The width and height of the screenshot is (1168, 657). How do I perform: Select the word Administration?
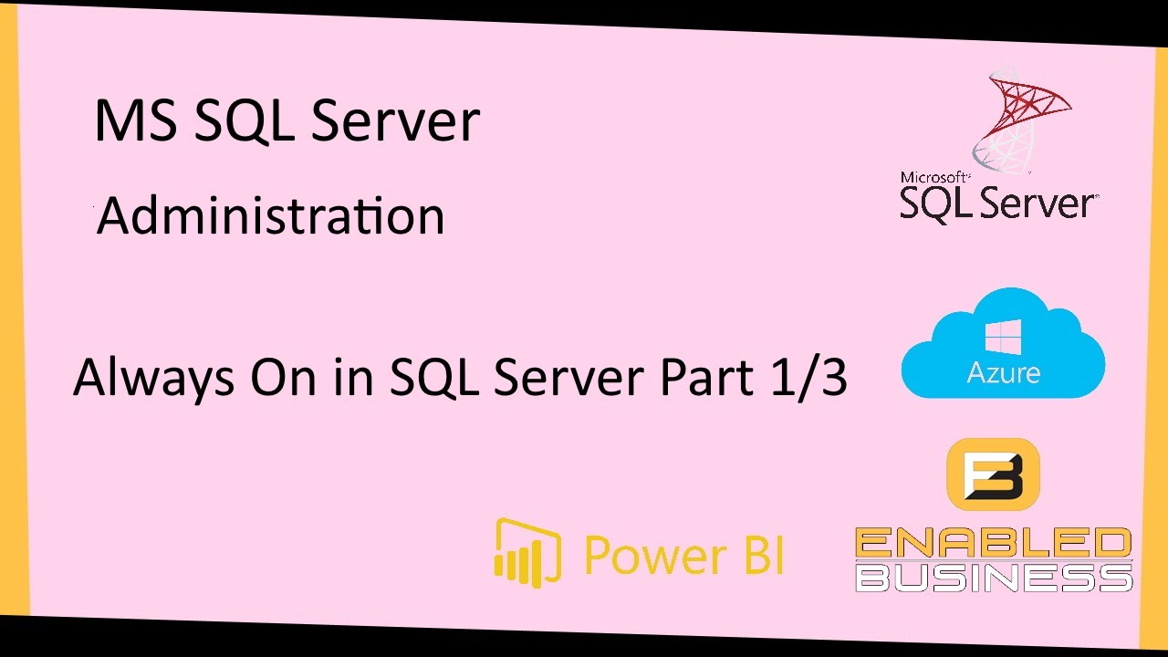coord(271,217)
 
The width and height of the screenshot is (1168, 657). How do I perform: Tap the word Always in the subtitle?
coord(145,377)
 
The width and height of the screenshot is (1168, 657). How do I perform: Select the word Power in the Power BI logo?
coord(648,554)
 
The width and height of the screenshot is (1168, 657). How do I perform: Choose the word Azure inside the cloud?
coord(1004,372)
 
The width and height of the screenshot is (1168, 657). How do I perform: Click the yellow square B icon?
coord(993,474)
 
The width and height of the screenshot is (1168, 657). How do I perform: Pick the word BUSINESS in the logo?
coord(993,577)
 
